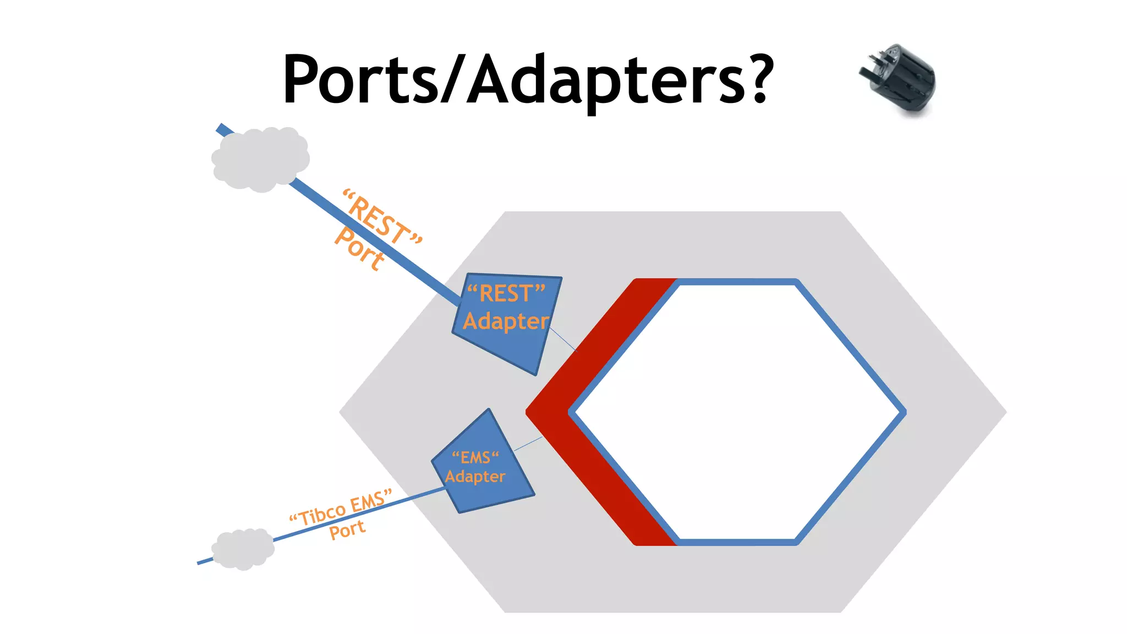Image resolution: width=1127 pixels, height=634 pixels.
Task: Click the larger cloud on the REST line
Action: click(x=260, y=159)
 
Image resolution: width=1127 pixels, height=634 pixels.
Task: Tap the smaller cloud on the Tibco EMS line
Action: click(x=243, y=549)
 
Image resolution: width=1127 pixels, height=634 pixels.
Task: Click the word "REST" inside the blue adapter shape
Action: click(x=506, y=293)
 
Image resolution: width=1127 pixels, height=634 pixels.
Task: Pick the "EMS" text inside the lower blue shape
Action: click(x=475, y=457)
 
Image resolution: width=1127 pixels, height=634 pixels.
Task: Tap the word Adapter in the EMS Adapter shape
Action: click(x=475, y=477)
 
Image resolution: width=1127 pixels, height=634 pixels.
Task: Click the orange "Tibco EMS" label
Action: click(x=341, y=507)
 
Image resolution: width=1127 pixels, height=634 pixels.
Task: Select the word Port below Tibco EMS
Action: click(x=347, y=530)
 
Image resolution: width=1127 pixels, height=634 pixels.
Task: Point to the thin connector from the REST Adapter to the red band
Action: click(x=562, y=338)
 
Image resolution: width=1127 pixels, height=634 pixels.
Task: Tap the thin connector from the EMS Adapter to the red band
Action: click(x=528, y=444)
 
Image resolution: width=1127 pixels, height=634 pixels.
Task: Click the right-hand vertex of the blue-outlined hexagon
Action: click(x=903, y=412)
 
